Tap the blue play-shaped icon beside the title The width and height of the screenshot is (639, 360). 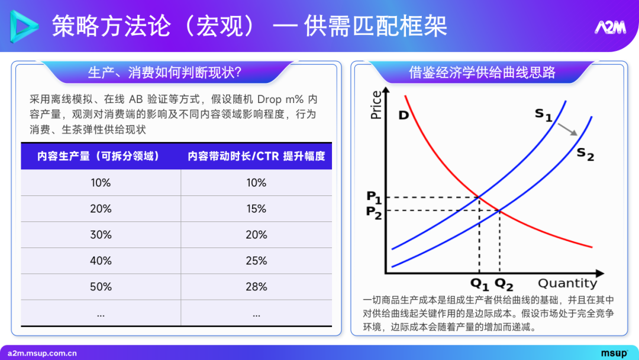(24, 27)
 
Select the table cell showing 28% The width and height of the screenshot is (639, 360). (256, 287)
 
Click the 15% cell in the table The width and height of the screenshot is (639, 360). (256, 209)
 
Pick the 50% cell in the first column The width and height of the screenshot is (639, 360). (101, 287)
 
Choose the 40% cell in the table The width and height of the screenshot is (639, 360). (101, 261)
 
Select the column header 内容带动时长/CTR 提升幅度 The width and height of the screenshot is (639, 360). (256, 156)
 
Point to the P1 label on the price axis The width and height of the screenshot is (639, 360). (374, 197)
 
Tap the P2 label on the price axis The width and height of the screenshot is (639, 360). (374, 211)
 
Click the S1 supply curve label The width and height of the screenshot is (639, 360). (543, 114)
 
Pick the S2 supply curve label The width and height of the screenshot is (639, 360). (585, 154)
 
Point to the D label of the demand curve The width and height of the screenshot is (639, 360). (404, 115)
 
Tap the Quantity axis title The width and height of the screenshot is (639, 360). (567, 283)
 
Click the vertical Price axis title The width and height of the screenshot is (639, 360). (376, 105)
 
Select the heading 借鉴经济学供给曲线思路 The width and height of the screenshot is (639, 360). (482, 72)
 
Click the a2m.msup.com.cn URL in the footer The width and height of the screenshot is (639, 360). (42, 353)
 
